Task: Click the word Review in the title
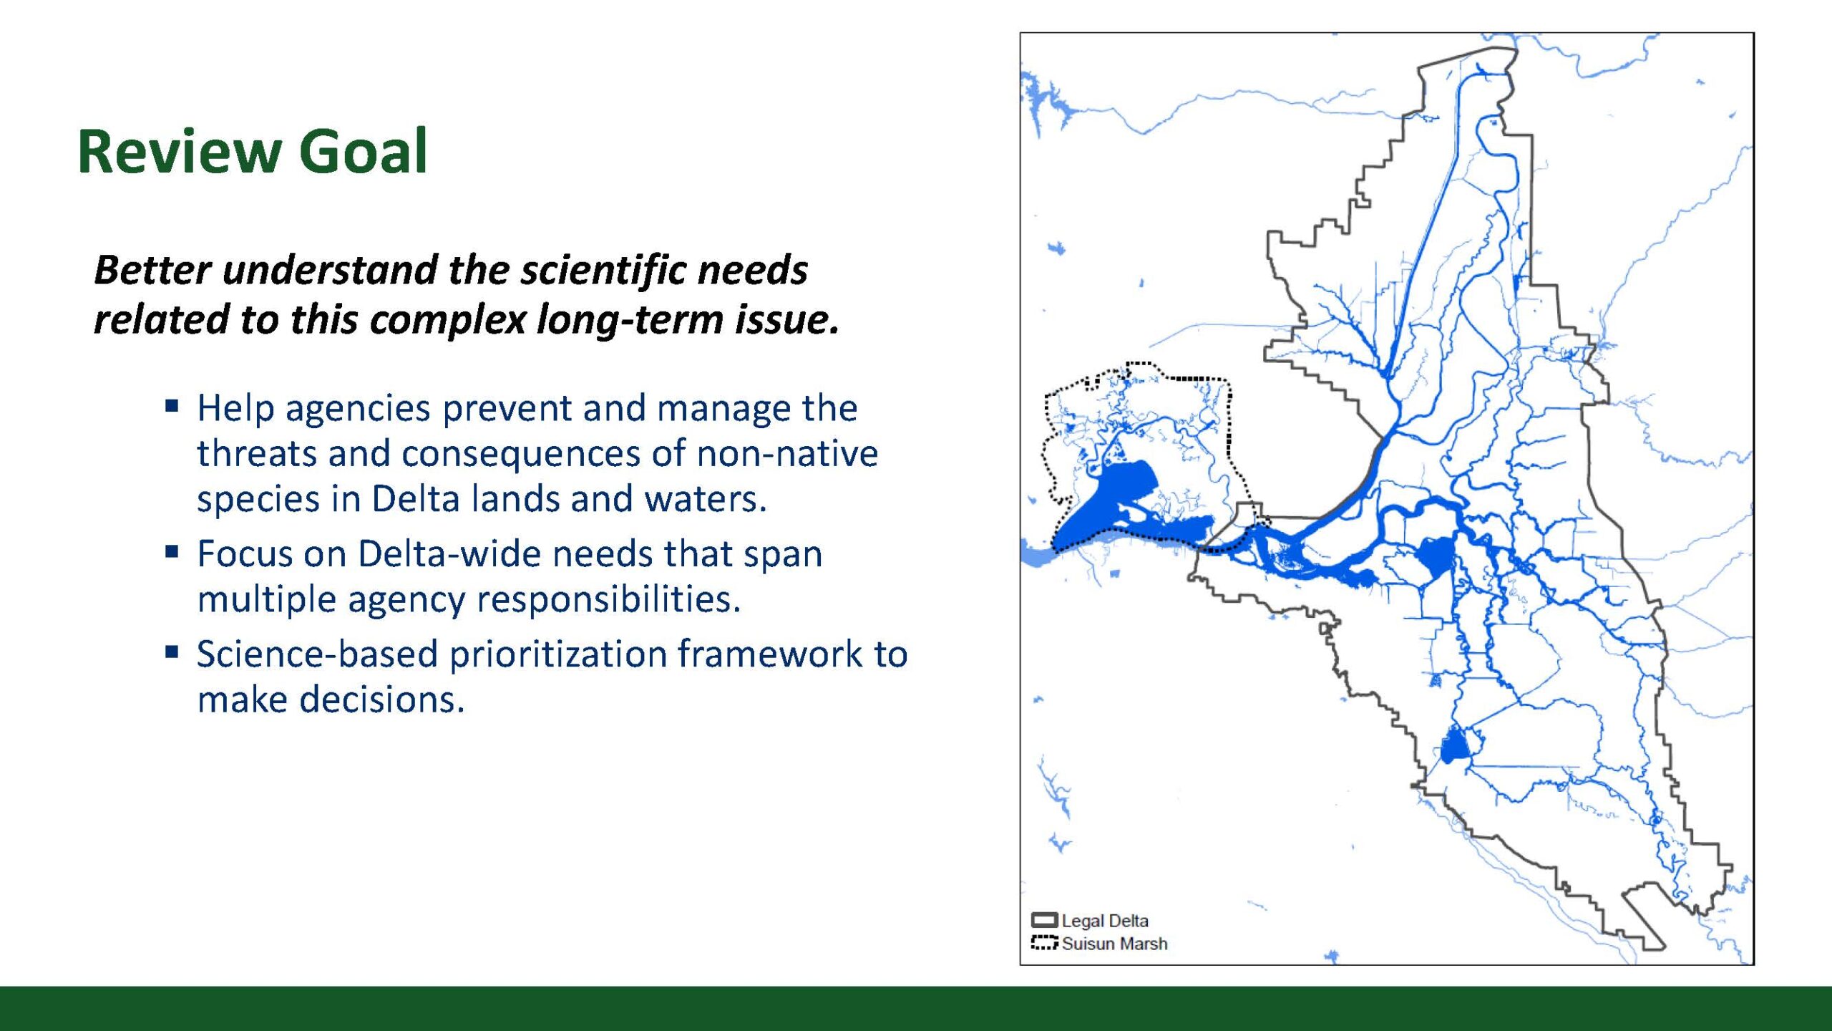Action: (179, 151)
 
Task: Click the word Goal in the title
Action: (363, 151)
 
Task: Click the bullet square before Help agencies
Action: (172, 407)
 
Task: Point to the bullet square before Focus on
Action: (172, 552)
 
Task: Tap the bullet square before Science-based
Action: (172, 652)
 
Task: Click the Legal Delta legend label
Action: (1105, 921)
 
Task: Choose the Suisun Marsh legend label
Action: (1114, 944)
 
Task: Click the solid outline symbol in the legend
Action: (1045, 920)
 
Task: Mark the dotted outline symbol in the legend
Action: (1045, 943)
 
